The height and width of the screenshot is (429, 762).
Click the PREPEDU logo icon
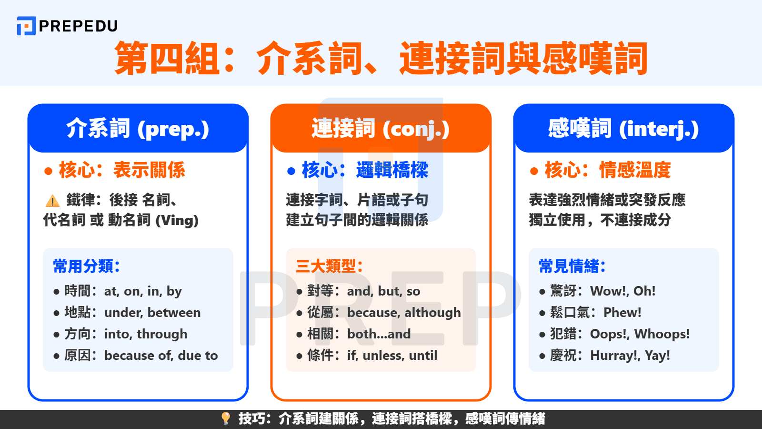coord(27,26)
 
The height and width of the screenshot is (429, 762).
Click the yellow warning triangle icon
coord(52,201)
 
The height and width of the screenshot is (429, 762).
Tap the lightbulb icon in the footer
coord(226,418)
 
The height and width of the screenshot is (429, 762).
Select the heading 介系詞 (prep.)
coord(138,129)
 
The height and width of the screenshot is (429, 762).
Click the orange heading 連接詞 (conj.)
coord(381,129)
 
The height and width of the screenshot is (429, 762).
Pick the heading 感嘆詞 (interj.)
coord(623,129)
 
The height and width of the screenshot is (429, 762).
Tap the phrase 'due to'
coord(198,356)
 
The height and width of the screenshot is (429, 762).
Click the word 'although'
coord(433,313)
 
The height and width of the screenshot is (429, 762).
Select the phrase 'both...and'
coord(379,334)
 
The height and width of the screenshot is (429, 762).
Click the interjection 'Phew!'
coord(622,313)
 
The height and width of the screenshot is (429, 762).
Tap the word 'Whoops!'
coord(662,334)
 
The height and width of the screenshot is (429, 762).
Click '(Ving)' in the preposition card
coord(177,220)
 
